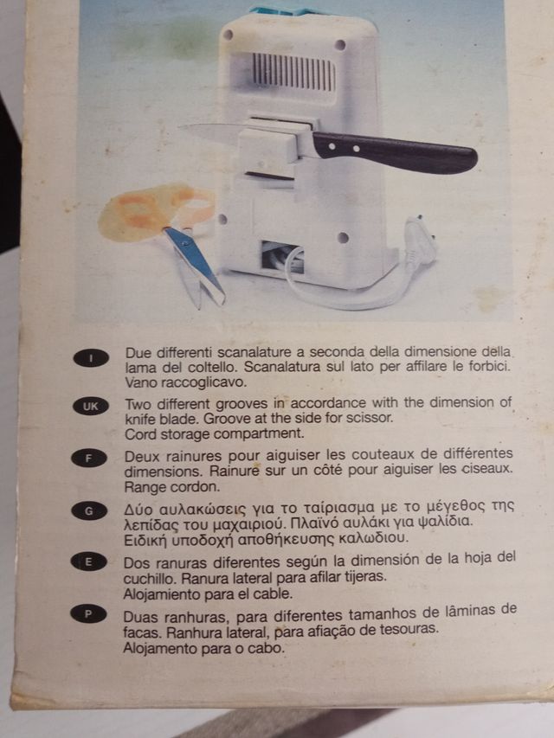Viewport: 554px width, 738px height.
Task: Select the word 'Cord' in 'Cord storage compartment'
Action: tap(140, 433)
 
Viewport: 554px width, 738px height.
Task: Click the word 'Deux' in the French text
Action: tap(143, 455)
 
